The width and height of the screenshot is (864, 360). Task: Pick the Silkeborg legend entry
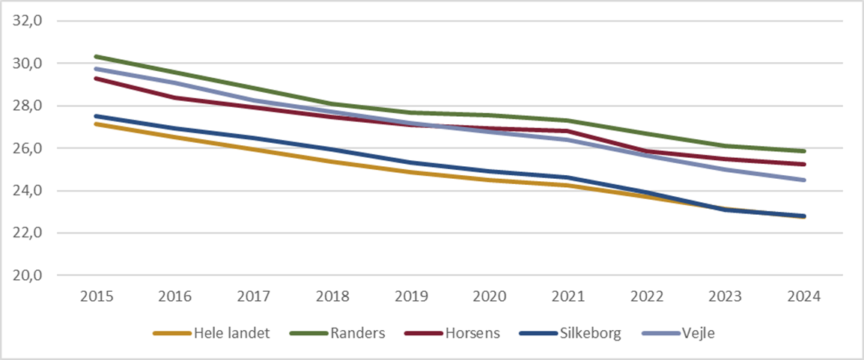point(590,334)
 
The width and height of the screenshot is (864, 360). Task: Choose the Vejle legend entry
point(696,334)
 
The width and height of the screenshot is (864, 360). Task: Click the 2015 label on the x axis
point(97,296)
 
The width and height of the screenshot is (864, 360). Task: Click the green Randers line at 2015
point(97,56)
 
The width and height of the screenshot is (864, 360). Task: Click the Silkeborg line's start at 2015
point(97,116)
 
